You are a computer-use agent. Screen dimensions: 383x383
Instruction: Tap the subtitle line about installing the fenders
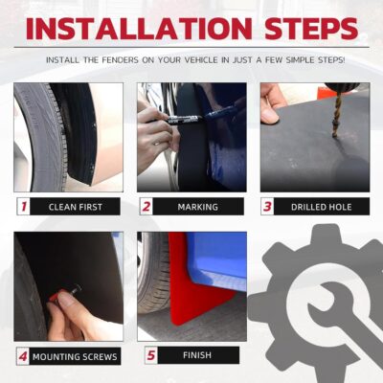(191, 59)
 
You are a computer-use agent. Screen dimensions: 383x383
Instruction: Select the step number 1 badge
(22, 206)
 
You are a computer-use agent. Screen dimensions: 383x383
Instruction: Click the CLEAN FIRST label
(75, 206)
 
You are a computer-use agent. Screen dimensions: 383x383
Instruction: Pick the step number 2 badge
(146, 206)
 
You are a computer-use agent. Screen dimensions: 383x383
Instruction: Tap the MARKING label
(199, 206)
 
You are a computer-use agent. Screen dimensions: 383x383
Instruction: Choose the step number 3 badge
(269, 206)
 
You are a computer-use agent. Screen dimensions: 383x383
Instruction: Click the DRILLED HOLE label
(322, 206)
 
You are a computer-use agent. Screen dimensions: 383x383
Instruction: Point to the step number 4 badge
(22, 357)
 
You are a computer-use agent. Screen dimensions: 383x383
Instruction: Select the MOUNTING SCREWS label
(75, 357)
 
